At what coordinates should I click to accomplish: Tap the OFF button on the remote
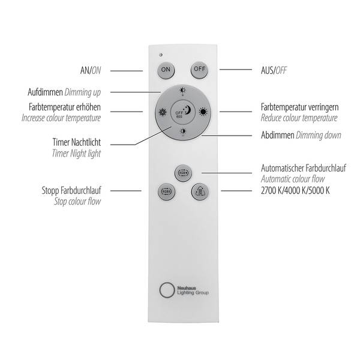click(199, 70)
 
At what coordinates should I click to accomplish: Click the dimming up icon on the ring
click(183, 91)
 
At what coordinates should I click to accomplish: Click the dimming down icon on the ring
click(183, 132)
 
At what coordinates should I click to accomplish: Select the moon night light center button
click(183, 112)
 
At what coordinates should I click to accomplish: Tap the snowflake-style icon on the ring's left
click(163, 112)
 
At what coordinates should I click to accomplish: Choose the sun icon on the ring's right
click(203, 112)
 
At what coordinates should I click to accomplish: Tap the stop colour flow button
click(166, 191)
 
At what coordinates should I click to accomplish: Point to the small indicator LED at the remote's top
click(161, 55)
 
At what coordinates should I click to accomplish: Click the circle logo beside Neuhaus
click(167, 290)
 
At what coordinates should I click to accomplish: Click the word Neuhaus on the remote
click(187, 288)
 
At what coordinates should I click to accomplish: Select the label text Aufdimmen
click(45, 92)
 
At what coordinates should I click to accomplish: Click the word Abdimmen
click(278, 135)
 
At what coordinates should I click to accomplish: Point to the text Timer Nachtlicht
click(77, 142)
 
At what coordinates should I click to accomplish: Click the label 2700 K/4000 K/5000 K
click(295, 191)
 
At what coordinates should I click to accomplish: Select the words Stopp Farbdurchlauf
click(71, 191)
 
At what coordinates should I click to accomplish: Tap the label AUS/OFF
click(274, 70)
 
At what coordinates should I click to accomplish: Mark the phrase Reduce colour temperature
click(299, 118)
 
